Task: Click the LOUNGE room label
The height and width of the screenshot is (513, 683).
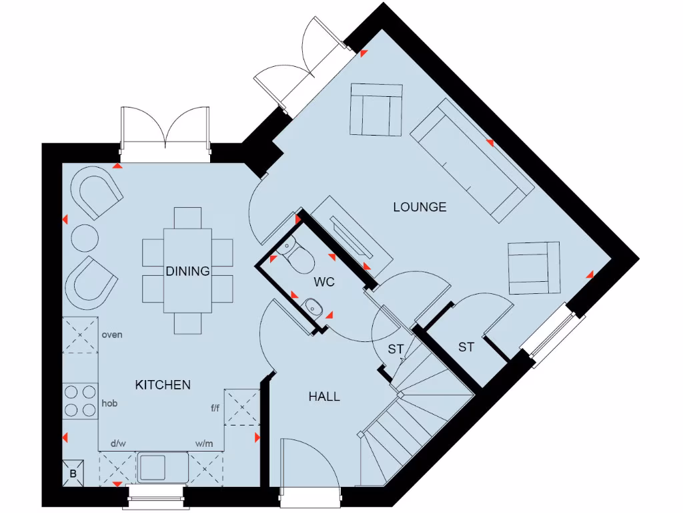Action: (x=420, y=207)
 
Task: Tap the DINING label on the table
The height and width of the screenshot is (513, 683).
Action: (x=188, y=271)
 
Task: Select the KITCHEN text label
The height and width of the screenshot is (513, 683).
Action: (x=163, y=385)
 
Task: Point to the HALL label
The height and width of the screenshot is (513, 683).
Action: (x=324, y=397)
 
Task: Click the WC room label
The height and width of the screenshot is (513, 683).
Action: (x=324, y=282)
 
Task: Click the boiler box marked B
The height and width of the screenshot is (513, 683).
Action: (x=73, y=473)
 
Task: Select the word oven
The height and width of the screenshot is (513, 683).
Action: (x=112, y=335)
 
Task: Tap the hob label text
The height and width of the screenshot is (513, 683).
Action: (x=109, y=403)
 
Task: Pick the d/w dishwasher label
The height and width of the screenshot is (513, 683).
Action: (x=118, y=443)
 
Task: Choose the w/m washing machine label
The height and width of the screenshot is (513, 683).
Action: (x=203, y=443)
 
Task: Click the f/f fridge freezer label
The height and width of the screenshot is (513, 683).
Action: (x=215, y=408)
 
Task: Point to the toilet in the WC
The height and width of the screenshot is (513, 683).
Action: (x=294, y=252)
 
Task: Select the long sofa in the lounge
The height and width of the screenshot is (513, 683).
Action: (x=471, y=161)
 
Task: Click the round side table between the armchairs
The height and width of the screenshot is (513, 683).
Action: (x=85, y=237)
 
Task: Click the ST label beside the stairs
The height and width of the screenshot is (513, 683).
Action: (x=396, y=349)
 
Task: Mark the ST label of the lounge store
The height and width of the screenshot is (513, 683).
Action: (x=466, y=347)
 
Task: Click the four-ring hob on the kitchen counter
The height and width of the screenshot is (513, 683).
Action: (x=80, y=400)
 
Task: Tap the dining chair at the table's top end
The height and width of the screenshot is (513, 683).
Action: (x=187, y=218)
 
